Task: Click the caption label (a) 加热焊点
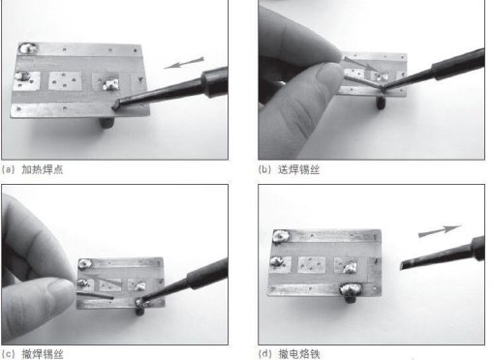pos(32,169)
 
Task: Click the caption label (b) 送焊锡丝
pos(289,169)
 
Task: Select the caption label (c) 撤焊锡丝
pos(32,354)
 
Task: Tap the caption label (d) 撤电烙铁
pos(289,354)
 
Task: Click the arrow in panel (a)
pos(184,63)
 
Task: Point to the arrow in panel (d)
pos(440,231)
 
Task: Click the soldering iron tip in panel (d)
pos(404,265)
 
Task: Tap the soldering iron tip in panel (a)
pos(115,105)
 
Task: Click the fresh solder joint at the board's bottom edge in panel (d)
pos(352,288)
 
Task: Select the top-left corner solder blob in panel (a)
pos(27,48)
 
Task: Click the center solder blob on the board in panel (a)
pos(110,85)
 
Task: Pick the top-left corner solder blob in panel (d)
pos(281,236)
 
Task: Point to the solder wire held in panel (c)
pos(95,295)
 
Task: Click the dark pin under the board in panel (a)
pos(108,122)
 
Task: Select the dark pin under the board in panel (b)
pos(382,104)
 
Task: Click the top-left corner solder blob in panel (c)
pos(84,264)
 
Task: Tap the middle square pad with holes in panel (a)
pos(65,80)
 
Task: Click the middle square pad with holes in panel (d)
pos(311,264)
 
